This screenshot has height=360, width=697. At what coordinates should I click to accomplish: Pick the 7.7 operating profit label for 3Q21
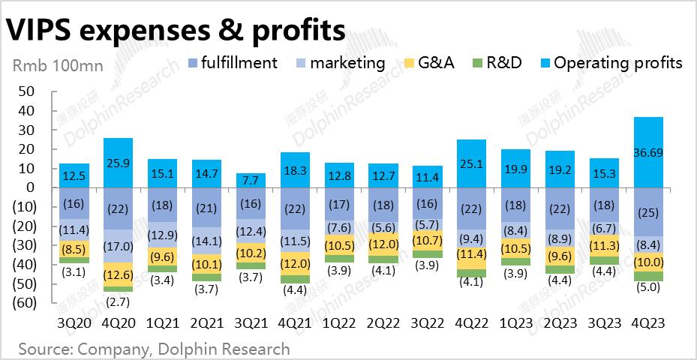(x=251, y=181)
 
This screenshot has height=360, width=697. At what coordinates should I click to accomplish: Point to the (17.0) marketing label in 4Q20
(x=118, y=245)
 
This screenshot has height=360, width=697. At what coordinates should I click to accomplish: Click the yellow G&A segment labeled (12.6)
(x=118, y=274)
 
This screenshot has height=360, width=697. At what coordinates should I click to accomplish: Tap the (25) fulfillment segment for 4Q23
(x=647, y=212)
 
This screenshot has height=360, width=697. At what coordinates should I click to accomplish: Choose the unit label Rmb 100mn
(x=58, y=65)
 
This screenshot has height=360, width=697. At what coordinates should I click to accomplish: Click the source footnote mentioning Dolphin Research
(x=154, y=349)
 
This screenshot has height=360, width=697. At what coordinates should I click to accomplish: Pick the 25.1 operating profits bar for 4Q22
(x=471, y=163)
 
